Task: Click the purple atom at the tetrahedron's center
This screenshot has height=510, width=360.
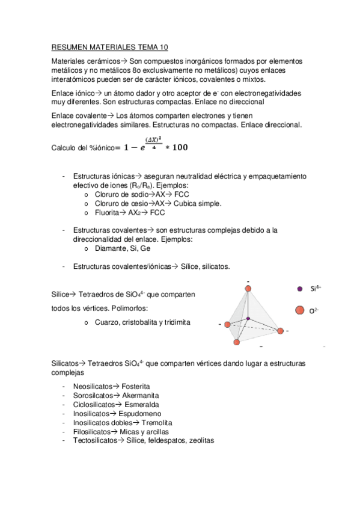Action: pyautogui.click(x=248, y=318)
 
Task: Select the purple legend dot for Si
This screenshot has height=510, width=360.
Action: pyautogui.click(x=300, y=289)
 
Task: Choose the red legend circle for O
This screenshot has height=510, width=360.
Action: pyautogui.click(x=300, y=310)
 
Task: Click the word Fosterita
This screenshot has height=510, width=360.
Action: pyautogui.click(x=136, y=386)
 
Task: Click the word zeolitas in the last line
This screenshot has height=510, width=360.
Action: pyautogui.click(x=199, y=441)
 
